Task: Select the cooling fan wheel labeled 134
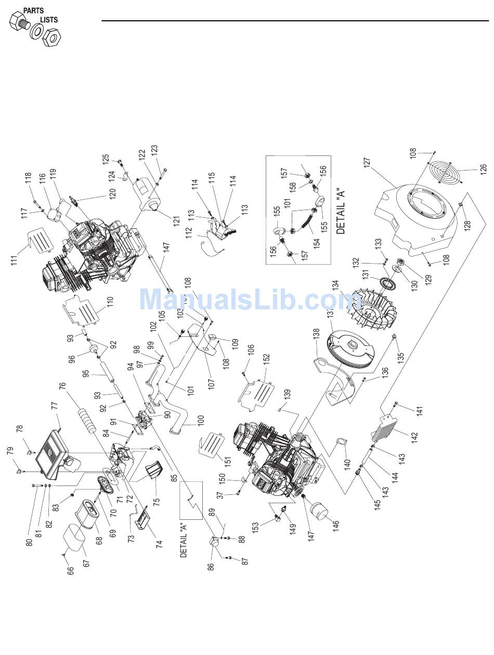pos(373,311)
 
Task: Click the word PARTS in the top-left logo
pos(33,10)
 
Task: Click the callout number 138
pos(316,338)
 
